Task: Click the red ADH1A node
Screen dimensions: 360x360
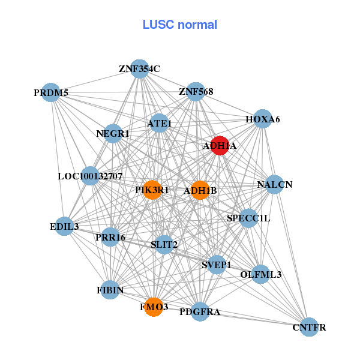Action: click(x=220, y=146)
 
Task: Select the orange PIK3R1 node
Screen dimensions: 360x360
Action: click(x=152, y=190)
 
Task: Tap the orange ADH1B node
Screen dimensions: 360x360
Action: click(x=200, y=190)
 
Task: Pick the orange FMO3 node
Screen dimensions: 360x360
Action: click(x=154, y=307)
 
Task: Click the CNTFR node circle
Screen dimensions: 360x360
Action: click(x=309, y=327)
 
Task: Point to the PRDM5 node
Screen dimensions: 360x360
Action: click(x=52, y=93)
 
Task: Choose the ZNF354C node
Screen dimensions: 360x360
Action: click(x=139, y=68)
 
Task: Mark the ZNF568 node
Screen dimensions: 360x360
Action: click(x=196, y=92)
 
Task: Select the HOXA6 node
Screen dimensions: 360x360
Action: click(x=262, y=119)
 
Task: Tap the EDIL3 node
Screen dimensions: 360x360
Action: click(x=64, y=226)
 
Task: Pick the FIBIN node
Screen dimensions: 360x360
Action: click(x=110, y=290)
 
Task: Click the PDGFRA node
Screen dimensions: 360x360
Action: click(x=200, y=312)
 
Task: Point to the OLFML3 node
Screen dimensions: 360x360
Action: click(x=260, y=274)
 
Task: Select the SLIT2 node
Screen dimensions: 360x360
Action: click(x=164, y=244)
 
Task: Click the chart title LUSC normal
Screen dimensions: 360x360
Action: click(x=179, y=25)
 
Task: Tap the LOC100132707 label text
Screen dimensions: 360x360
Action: click(x=90, y=176)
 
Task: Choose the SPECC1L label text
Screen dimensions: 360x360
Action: click(x=248, y=218)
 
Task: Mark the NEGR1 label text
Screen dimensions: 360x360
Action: click(x=113, y=133)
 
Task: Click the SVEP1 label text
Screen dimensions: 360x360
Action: click(x=216, y=265)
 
